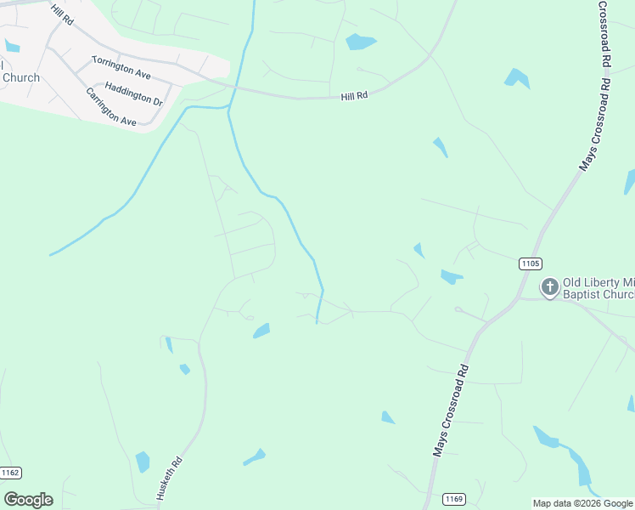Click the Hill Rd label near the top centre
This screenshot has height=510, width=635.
(x=354, y=97)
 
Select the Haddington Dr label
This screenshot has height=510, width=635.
(x=134, y=94)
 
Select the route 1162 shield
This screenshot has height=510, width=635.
(x=10, y=473)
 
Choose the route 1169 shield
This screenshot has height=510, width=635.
(x=453, y=498)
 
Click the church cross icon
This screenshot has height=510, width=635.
(x=550, y=287)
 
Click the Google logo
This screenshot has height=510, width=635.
(x=28, y=500)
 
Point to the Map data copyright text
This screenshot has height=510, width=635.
(x=582, y=503)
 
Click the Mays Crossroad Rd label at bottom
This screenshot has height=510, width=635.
(x=451, y=411)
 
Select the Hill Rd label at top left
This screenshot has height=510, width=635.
(x=62, y=13)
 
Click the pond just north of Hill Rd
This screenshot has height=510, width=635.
(x=360, y=41)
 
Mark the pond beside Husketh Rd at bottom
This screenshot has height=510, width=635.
(x=143, y=462)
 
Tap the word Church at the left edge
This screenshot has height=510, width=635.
(x=20, y=78)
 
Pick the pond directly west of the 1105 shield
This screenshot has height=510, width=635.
(x=451, y=276)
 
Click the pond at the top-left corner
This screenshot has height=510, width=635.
(x=11, y=45)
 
